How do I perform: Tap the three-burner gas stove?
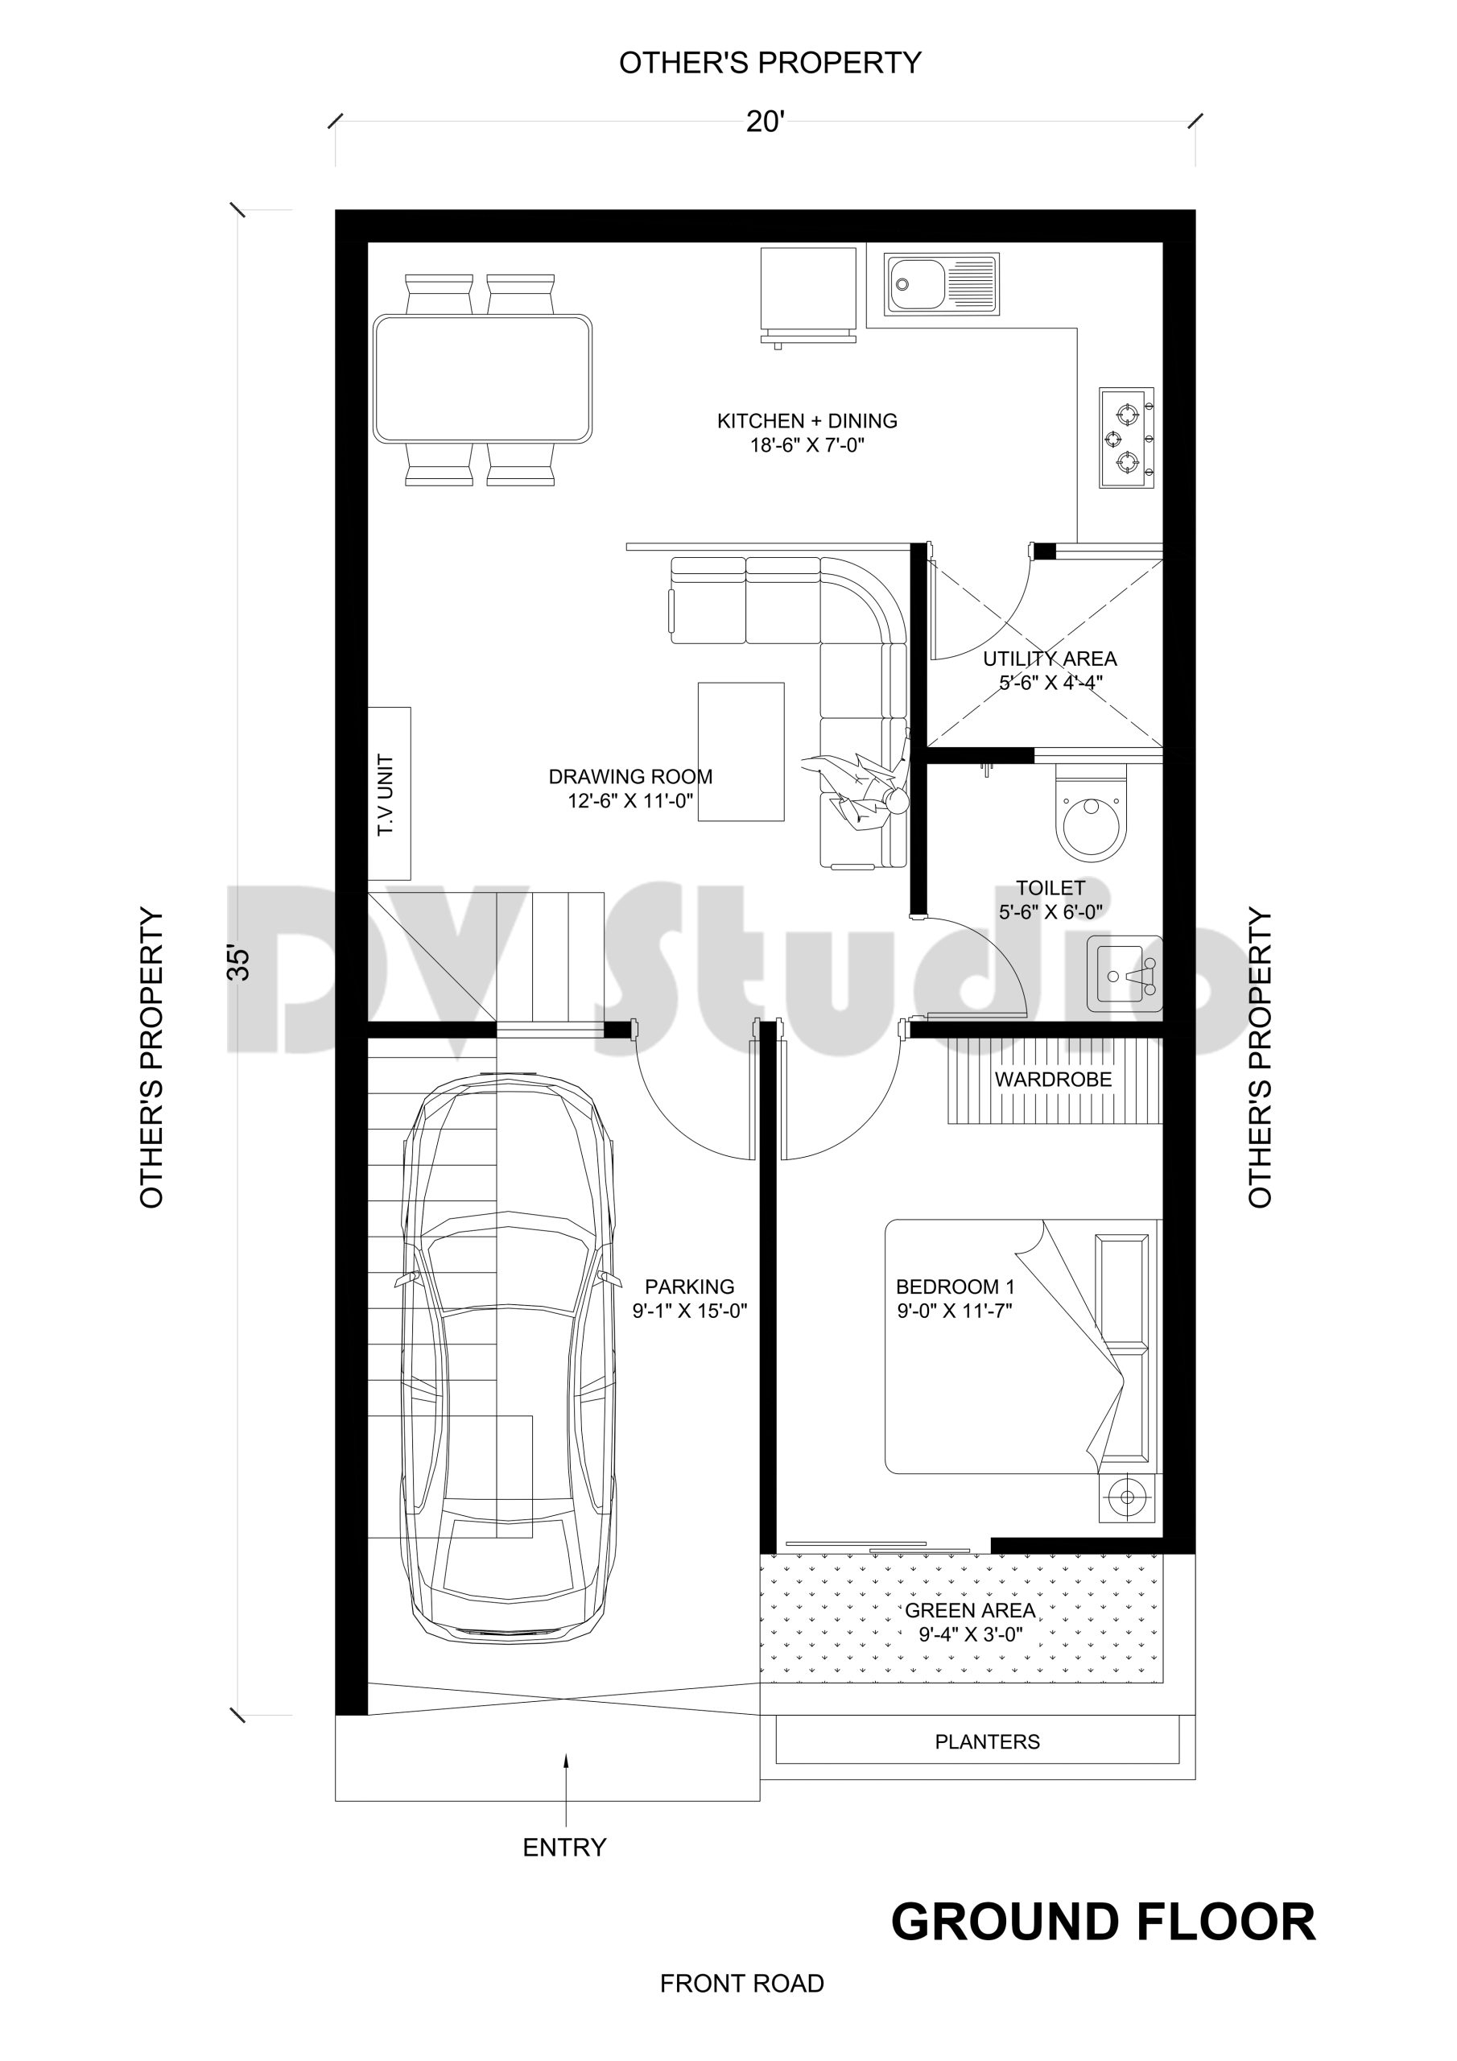1127,438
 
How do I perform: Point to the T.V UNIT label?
386,795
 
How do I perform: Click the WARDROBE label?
1052,1079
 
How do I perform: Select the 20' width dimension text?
765,122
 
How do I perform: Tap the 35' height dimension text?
239,961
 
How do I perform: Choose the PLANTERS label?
987,1741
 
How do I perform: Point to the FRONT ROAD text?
741,2008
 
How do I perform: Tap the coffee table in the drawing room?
741,751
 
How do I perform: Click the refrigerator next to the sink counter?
808,291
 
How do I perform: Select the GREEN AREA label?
969,1609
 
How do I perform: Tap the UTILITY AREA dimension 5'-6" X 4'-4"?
1050,682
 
